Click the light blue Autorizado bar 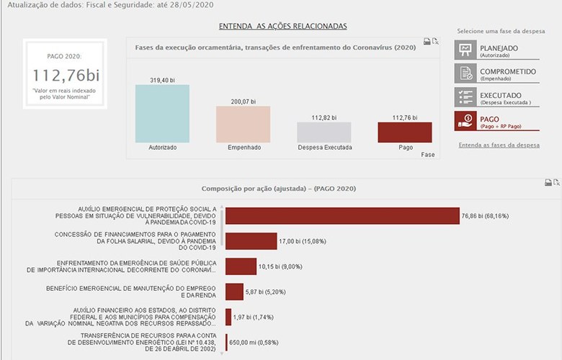(x=162, y=113)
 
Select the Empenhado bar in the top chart (x=243, y=124)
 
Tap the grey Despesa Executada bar (x=324, y=132)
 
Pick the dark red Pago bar (x=404, y=132)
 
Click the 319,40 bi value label (x=162, y=79)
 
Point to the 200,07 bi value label (x=243, y=101)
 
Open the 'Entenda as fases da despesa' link (x=499, y=145)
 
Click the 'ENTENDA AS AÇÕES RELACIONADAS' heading (x=282, y=26)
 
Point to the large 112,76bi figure (x=65, y=75)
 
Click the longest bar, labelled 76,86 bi (x=342, y=215)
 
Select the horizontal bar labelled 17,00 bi (x=251, y=240)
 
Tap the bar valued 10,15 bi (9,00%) (x=241, y=266)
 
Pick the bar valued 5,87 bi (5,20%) (x=234, y=291)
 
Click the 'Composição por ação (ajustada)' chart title (x=278, y=189)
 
